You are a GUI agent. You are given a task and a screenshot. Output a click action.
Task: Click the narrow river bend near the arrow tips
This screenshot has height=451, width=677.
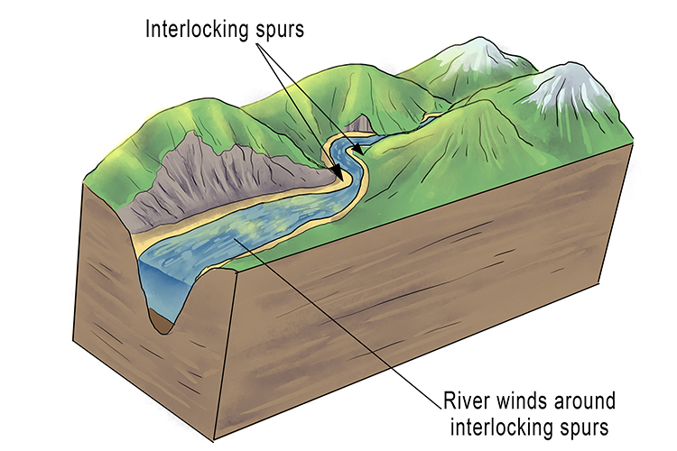(x=341, y=162)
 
